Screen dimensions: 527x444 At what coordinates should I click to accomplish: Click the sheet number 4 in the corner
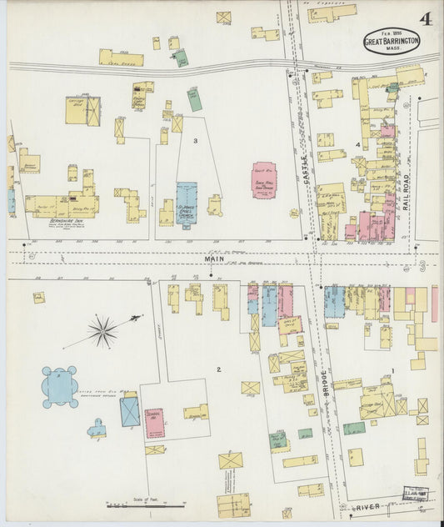425,18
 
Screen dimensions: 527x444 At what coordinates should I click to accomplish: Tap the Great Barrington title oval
391,40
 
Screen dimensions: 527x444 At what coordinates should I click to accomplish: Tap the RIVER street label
366,505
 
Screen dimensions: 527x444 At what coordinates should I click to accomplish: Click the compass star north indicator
102,331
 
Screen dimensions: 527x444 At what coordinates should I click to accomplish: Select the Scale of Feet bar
145,504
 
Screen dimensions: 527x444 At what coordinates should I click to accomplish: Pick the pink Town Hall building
265,180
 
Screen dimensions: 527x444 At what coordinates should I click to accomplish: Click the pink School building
154,423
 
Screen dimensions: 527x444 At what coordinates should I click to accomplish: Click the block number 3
195,141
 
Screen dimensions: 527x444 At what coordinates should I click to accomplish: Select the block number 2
218,369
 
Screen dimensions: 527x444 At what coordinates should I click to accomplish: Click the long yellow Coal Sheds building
121,58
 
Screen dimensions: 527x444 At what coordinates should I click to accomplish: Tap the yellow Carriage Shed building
82,110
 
